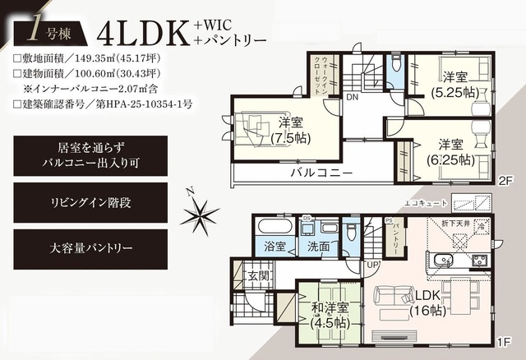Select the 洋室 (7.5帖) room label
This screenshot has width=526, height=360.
click(285, 131)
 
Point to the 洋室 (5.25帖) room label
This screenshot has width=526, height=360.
click(454, 84)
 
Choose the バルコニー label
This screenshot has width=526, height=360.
click(321, 174)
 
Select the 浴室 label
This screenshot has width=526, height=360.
click(275, 246)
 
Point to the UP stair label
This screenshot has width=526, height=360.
click(373, 265)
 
